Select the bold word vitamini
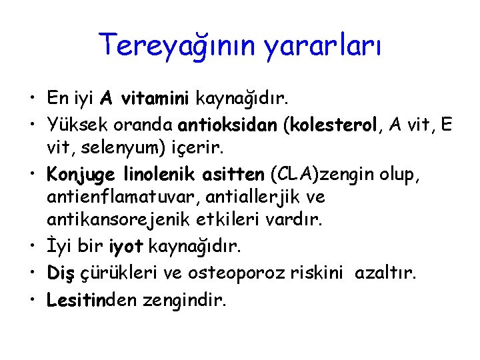pyautogui.click(x=155, y=99)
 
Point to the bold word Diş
pyautogui.click(x=61, y=272)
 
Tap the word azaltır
pyautogui.click(x=386, y=272)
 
